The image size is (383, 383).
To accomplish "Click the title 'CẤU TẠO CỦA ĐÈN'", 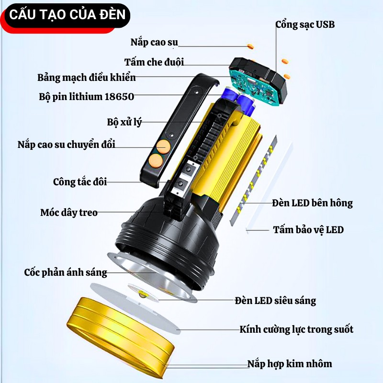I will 68,14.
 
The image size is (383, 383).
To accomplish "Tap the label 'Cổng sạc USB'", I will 305,24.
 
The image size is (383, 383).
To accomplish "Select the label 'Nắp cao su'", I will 154,42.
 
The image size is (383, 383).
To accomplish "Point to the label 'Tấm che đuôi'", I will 154,62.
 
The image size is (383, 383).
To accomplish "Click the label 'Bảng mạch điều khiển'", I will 87,77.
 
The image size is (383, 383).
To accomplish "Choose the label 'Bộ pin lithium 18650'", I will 87,96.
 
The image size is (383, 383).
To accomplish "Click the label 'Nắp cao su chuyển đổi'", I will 67,144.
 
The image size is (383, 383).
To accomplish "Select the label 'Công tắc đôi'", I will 80,181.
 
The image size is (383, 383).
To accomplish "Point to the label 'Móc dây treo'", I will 69,212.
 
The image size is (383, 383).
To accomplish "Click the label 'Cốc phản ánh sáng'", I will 66,272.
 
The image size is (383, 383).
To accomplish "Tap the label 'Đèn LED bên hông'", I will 312,203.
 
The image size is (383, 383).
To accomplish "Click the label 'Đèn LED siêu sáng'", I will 275,301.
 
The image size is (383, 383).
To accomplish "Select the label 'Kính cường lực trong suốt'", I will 296,329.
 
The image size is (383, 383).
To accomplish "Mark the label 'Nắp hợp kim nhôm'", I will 289,363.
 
